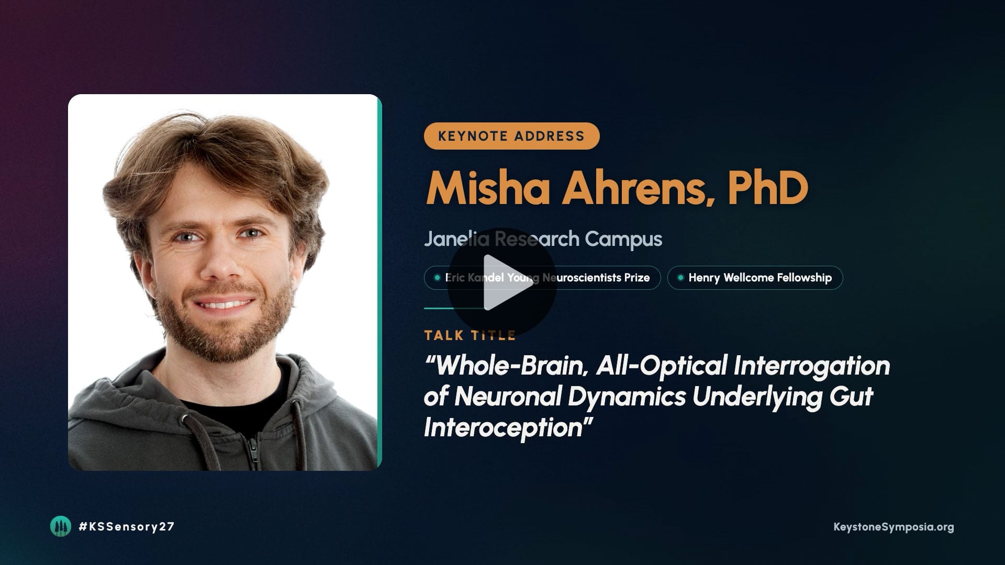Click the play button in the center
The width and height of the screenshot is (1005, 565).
(501, 282)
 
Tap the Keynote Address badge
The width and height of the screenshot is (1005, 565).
(511, 136)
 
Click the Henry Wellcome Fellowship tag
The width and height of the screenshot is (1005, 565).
(755, 278)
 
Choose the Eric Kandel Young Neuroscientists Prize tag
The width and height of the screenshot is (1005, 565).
(542, 278)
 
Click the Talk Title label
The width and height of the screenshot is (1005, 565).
(470, 335)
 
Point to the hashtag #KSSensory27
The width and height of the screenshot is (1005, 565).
(126, 527)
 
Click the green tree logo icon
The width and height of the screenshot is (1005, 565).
(60, 526)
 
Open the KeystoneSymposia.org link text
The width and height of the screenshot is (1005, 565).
(894, 527)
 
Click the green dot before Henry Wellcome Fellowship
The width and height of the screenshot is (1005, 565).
(680, 278)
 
